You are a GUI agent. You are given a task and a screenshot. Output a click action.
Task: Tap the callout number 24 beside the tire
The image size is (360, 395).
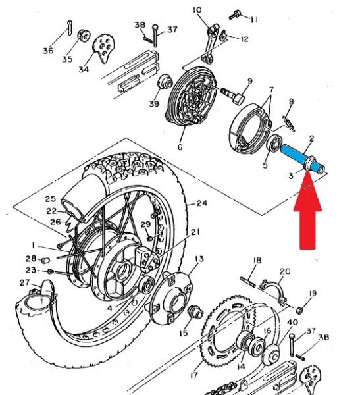coord(202,203)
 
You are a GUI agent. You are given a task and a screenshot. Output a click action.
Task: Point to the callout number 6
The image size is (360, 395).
coord(180,147)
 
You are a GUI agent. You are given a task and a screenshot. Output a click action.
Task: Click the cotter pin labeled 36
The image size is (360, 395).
coord(70,28)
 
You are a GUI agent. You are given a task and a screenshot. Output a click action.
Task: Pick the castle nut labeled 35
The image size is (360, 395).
coord(84,37)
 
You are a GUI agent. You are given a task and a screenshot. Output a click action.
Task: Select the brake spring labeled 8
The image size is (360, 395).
coord(289,124)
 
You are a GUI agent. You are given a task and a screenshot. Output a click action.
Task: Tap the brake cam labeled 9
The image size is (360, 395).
coord(232,95)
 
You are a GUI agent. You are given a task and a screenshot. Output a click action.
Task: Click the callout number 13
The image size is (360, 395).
coord(199,259)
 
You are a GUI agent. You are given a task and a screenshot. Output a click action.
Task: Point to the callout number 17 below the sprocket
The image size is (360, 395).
coord(193,375)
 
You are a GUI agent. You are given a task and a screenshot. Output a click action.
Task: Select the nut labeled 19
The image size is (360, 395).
coord(299,311)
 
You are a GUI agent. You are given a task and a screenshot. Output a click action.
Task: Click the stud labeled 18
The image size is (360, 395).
coord(248,282)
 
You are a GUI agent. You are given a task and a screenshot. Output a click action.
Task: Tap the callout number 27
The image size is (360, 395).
coord(25,282)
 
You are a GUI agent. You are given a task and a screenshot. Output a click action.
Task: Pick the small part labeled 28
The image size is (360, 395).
coord(45,260)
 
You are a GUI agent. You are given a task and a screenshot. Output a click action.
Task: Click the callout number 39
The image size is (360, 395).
coord(154,103)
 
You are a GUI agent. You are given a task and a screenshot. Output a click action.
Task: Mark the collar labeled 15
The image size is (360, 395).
coord(195,313)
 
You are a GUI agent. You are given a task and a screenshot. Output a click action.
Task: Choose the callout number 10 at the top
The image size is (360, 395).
coord(197,10)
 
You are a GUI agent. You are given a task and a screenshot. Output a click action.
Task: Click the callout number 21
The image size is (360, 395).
coord(195,232)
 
